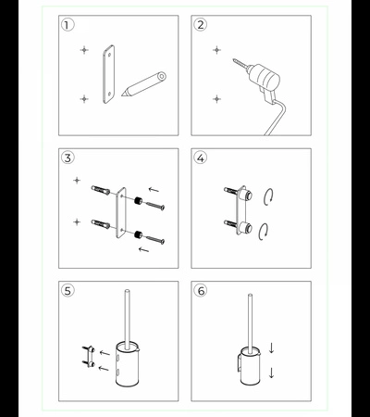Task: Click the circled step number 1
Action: point(68,25)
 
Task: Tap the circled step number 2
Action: point(201,25)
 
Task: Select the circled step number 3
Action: point(68,158)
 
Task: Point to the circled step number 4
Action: point(201,158)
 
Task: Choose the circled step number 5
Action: point(68,291)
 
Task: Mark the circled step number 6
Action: point(201,291)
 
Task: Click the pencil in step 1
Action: point(144,84)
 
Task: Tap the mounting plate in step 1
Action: point(108,74)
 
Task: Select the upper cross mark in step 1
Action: point(84,50)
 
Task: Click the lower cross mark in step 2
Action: point(216,99)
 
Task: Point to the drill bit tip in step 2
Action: point(234,60)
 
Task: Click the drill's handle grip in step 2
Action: point(267,95)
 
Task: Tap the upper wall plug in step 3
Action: point(101,190)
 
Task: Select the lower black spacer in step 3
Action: point(138,234)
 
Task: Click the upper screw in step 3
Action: point(155,206)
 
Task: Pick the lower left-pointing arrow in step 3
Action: point(144,249)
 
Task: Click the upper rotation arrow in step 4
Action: point(268,196)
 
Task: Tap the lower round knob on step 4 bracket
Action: point(247,229)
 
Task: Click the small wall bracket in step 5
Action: point(88,356)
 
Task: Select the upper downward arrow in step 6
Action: point(271,347)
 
